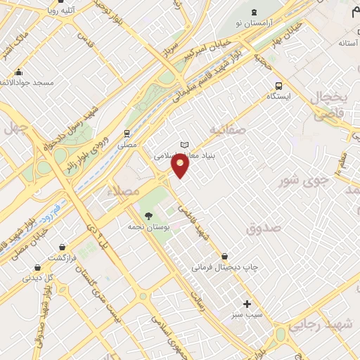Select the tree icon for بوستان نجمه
pos(147,214)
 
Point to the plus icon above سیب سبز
pos(246,304)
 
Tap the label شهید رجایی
pos(330,324)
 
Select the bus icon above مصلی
pos(127,133)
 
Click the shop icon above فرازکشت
pos(37,267)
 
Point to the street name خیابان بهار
pos(289,33)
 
